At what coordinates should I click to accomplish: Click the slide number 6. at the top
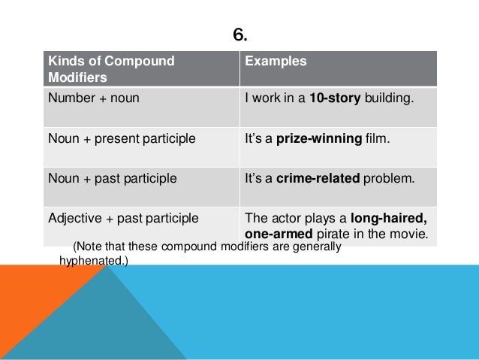click(239, 35)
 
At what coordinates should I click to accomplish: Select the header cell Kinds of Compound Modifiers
click(111, 68)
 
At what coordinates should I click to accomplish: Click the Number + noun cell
click(93, 97)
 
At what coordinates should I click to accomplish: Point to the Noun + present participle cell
click(122, 138)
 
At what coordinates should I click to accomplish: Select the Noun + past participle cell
click(113, 179)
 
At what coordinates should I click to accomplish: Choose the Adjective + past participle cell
click(123, 219)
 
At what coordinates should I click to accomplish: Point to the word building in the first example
click(390, 97)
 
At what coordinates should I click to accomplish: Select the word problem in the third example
click(391, 179)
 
